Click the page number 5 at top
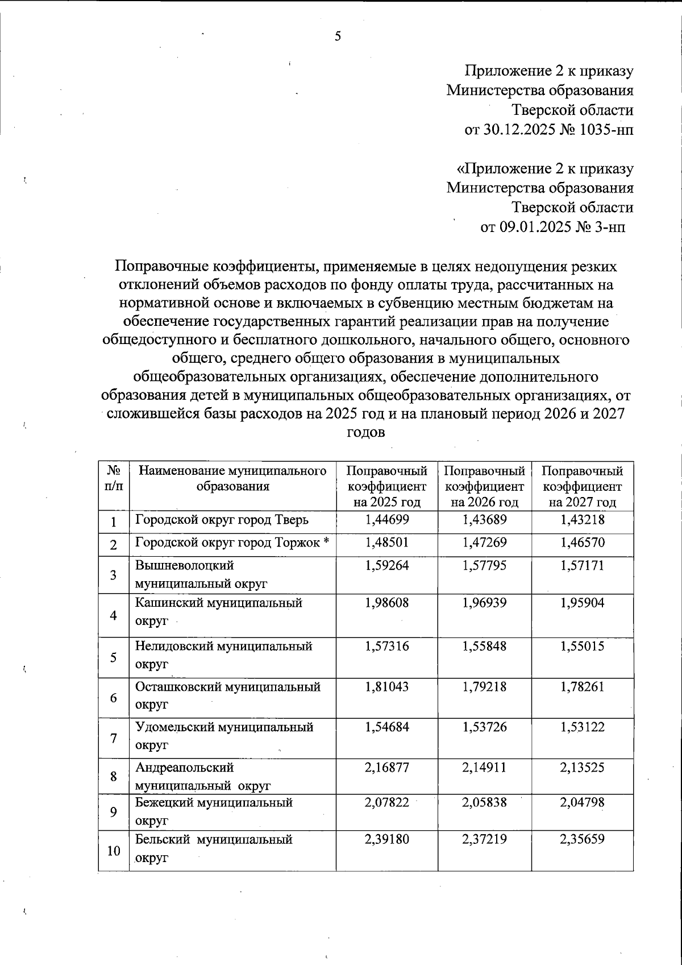(x=338, y=37)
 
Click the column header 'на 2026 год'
(x=484, y=502)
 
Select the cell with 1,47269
(x=484, y=542)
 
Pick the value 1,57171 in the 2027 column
(x=582, y=565)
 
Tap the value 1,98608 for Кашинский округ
(x=386, y=602)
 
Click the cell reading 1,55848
(x=484, y=646)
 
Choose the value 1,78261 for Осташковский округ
(x=582, y=686)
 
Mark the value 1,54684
(x=386, y=727)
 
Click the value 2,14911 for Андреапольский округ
(x=484, y=767)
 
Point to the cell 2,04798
(x=582, y=802)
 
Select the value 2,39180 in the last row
(x=386, y=839)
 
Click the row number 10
(x=114, y=851)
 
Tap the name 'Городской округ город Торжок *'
(x=232, y=542)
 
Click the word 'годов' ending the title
(x=365, y=432)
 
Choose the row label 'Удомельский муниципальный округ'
(x=224, y=735)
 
